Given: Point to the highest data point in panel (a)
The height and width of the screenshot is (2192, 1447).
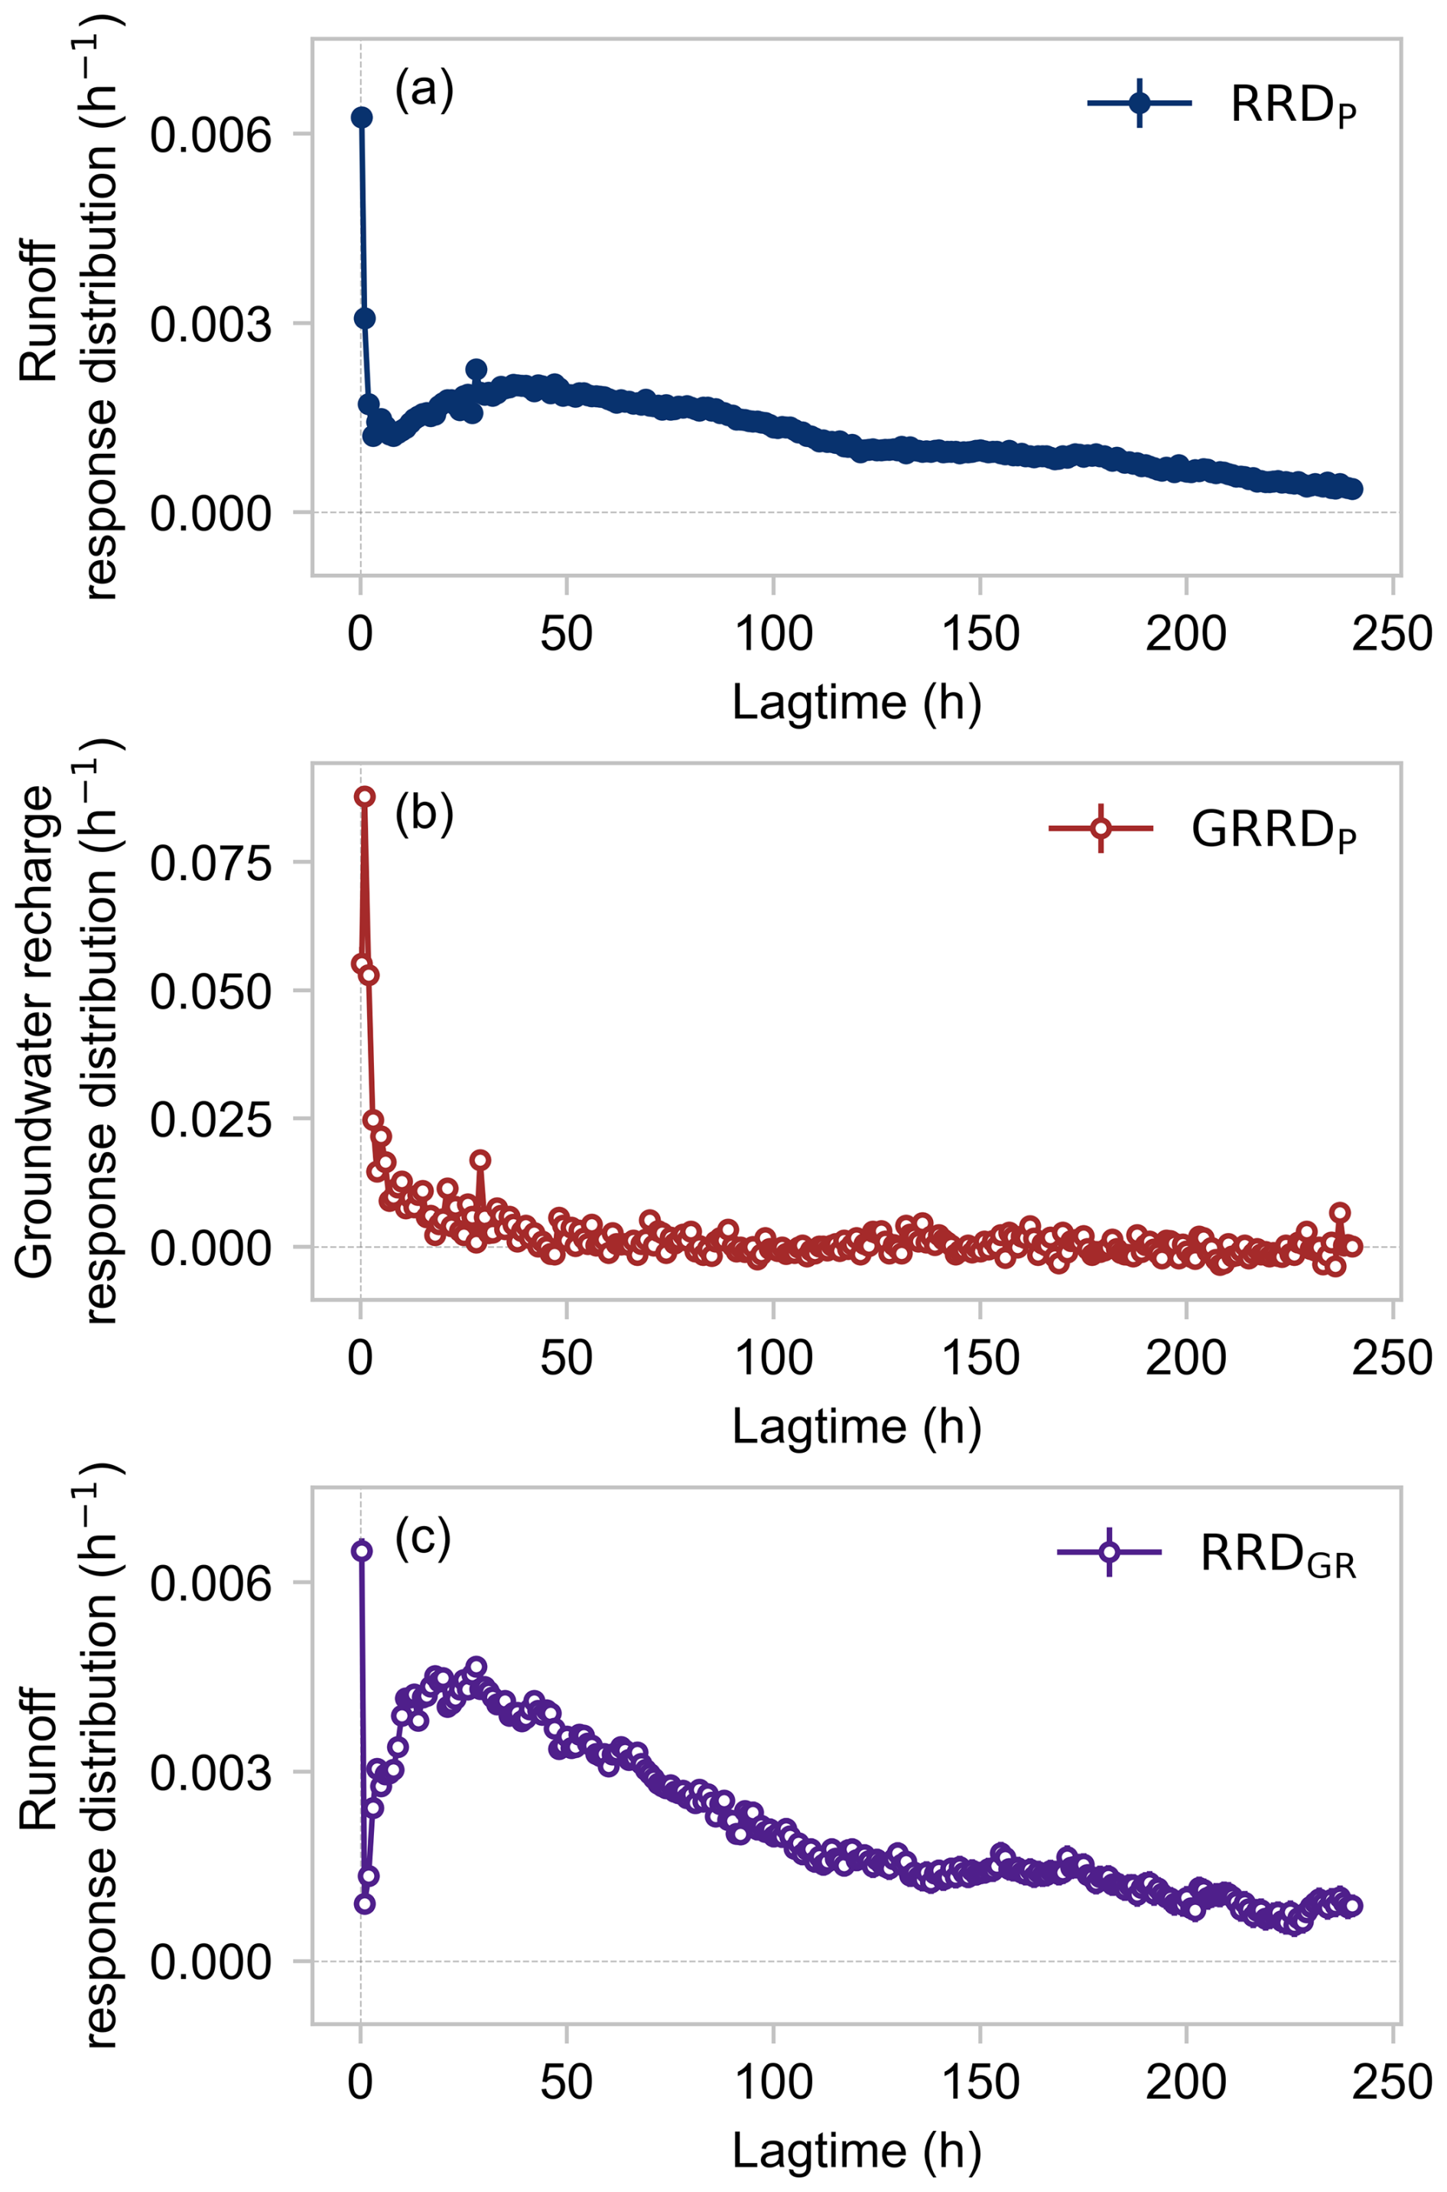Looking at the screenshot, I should click(362, 117).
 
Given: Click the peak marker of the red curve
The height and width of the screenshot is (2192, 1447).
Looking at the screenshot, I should click(366, 796).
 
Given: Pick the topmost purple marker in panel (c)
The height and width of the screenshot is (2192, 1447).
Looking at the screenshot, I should click(362, 1551).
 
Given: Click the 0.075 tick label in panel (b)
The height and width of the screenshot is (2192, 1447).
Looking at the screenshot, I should click(211, 863).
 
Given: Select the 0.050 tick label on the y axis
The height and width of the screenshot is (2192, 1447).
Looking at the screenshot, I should click(211, 992).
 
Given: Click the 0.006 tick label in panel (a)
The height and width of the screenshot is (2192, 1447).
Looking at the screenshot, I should click(211, 135).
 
